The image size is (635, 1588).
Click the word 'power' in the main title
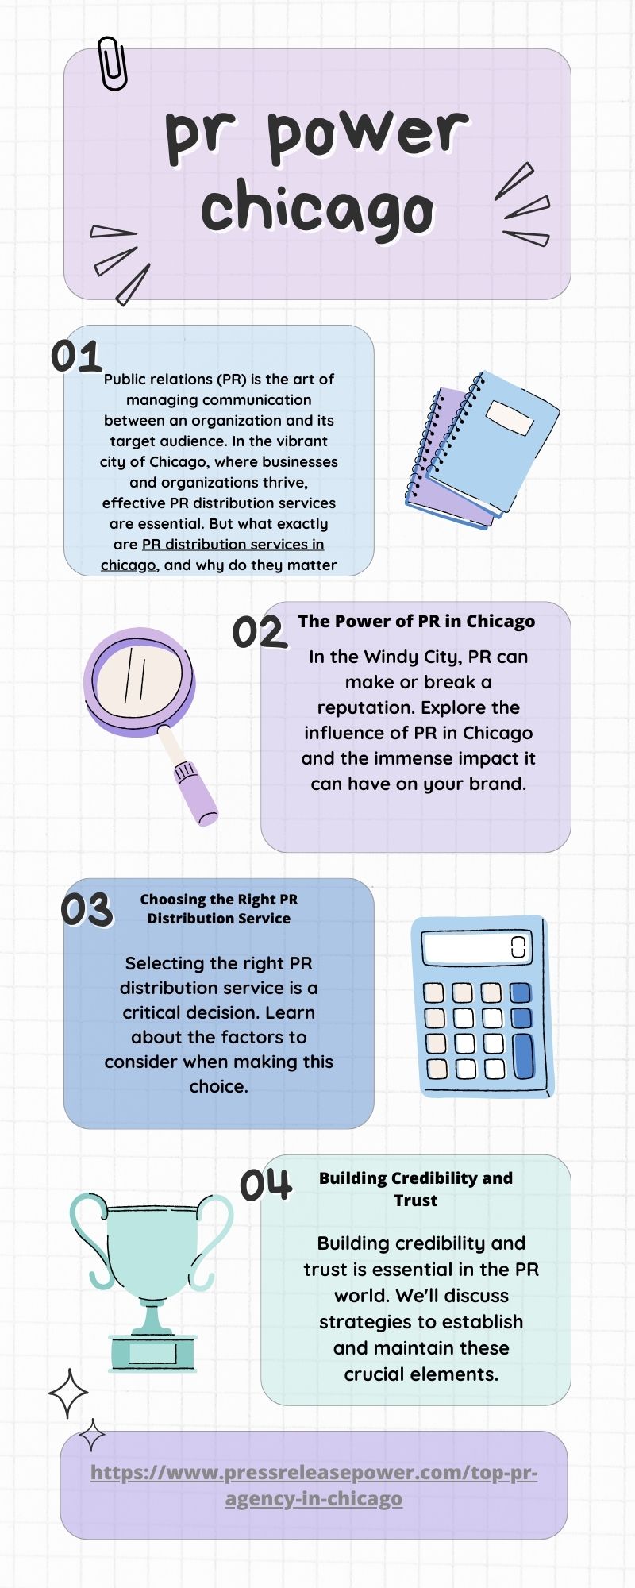pyautogui.click(x=368, y=133)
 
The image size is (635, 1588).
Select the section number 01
pyautogui.click(x=76, y=357)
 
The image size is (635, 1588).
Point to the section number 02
pyautogui.click(x=259, y=633)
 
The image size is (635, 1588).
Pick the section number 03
pyautogui.click(x=87, y=910)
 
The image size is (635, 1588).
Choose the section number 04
pyautogui.click(x=266, y=1185)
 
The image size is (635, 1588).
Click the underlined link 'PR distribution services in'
pyautogui.click(x=233, y=544)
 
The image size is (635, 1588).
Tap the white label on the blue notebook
pyautogui.click(x=509, y=418)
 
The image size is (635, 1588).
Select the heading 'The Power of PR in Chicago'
pyautogui.click(x=417, y=621)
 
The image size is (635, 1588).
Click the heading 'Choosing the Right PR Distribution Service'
pyautogui.click(x=219, y=909)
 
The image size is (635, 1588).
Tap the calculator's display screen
pyautogui.click(x=476, y=947)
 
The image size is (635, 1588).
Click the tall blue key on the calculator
pyautogui.click(x=523, y=1056)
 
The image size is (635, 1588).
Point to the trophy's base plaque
pyautogui.click(x=152, y=1352)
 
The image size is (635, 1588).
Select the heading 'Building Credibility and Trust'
pyautogui.click(x=416, y=1189)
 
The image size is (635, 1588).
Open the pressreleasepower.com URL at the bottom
pyautogui.click(x=314, y=1486)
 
